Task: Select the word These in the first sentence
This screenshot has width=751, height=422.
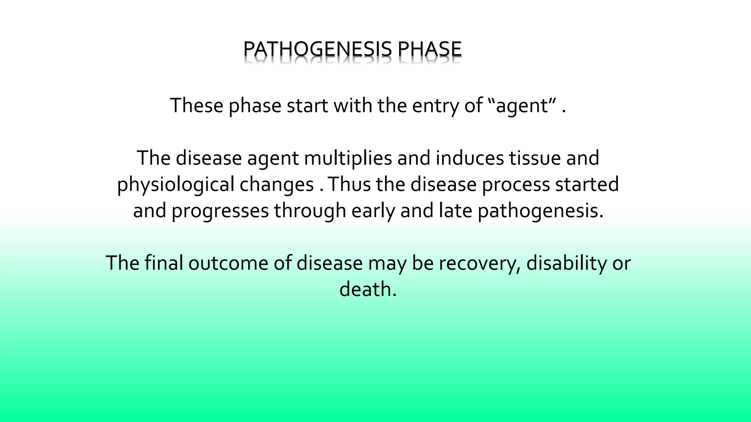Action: point(197,105)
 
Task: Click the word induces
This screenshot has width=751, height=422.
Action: point(469,158)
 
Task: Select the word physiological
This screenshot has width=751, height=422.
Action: point(176,185)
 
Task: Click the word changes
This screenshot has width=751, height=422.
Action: point(277,185)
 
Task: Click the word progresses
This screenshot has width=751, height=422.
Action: point(220,211)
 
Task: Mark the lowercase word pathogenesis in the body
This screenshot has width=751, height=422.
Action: point(540,211)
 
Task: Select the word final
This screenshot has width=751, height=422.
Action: point(164,263)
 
